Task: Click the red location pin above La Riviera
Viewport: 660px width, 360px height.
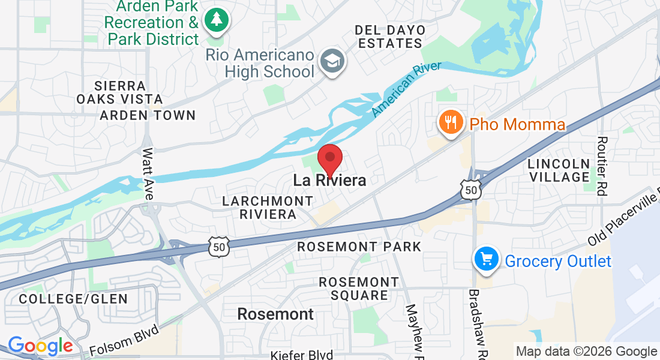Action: [x=329, y=158]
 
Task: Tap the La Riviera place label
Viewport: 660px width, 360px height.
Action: [x=329, y=179]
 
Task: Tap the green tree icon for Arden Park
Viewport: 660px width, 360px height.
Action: [x=215, y=20]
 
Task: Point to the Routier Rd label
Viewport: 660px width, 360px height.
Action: [x=602, y=166]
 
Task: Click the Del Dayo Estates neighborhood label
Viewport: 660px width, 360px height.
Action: [x=390, y=37]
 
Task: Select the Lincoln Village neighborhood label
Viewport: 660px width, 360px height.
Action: [x=559, y=170]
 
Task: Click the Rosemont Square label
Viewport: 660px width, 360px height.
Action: [x=359, y=288]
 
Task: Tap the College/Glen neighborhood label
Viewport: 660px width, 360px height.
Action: [x=73, y=298]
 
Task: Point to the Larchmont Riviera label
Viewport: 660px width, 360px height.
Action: [x=268, y=207]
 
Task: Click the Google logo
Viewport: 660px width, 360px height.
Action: [x=40, y=346]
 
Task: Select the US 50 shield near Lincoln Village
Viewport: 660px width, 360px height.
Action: [x=471, y=189]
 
